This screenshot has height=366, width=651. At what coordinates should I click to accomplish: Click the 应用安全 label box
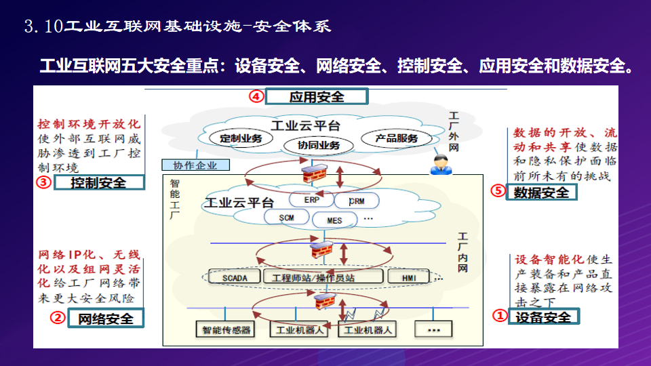tap(316, 97)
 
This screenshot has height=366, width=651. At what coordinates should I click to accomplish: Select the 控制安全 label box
tap(99, 182)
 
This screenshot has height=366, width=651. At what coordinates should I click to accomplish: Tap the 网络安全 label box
tap(106, 318)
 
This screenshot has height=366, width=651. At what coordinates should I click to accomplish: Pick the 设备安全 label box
tap(543, 317)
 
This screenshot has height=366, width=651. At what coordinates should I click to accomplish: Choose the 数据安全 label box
tap(541, 192)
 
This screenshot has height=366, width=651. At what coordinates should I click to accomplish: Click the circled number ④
tap(256, 96)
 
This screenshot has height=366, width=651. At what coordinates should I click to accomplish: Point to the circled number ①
tap(498, 316)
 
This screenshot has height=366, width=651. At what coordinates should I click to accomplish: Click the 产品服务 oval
tap(397, 138)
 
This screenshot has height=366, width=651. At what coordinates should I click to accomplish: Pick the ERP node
tap(312, 201)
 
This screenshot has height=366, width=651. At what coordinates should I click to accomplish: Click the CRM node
tap(357, 201)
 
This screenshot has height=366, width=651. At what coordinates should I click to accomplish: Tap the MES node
tap(335, 220)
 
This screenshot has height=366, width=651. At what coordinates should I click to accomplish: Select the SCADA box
tap(235, 278)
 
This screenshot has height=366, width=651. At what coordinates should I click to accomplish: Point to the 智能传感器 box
tap(227, 330)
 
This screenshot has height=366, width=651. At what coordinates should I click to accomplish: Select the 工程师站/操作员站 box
tap(313, 278)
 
